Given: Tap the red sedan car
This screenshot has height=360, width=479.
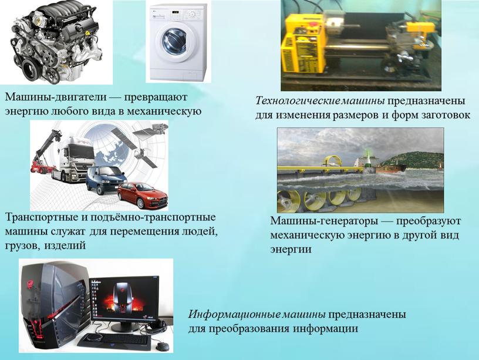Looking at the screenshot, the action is click(143, 195).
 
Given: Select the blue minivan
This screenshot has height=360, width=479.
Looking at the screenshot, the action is click(106, 180).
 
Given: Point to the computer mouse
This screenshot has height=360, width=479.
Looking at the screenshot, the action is click(162, 346).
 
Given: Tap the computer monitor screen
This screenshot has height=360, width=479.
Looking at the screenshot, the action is click(124, 298).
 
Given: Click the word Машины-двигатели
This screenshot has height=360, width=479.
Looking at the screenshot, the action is click(56, 97).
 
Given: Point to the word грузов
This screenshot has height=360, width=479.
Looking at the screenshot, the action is click(22, 245).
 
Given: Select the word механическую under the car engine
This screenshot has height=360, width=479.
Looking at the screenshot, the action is click(164, 111).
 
